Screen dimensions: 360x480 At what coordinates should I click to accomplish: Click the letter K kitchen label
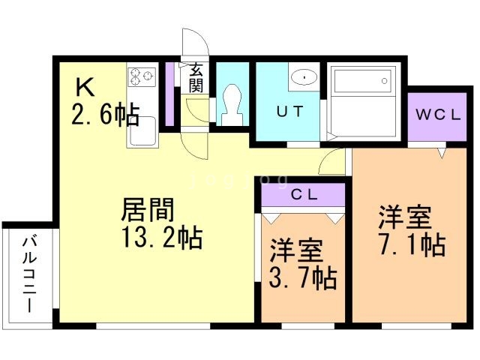[x=82, y=88]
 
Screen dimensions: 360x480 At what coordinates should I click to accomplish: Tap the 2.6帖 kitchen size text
[x=105, y=115]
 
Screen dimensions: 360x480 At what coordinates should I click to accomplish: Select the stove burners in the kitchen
[x=141, y=76]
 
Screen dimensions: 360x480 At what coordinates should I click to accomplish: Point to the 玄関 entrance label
[x=196, y=77]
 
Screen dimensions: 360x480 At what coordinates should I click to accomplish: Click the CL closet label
[x=304, y=193]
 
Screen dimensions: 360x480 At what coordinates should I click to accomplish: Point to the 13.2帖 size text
[x=160, y=238]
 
